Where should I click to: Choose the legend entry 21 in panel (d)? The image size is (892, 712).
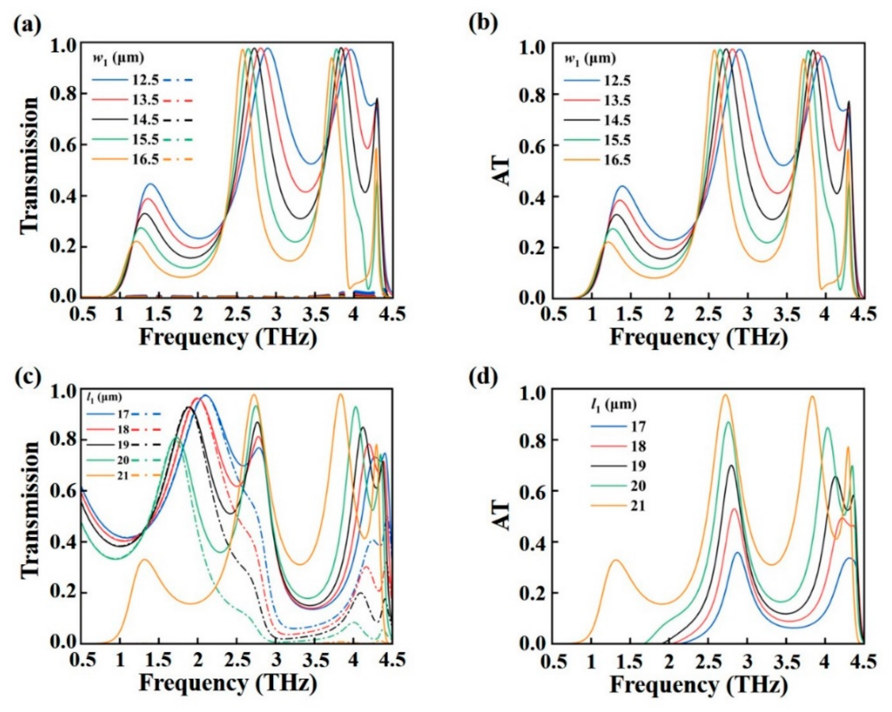[x=638, y=506]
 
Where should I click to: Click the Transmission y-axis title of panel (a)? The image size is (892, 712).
[x=30, y=166]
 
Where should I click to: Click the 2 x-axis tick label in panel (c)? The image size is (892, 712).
[x=198, y=660]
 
